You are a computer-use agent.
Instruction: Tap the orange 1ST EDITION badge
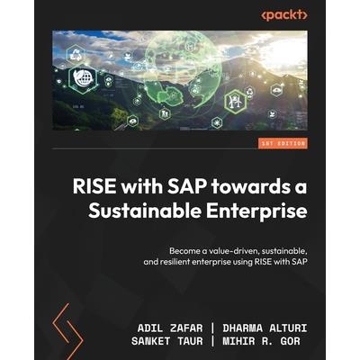281,144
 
